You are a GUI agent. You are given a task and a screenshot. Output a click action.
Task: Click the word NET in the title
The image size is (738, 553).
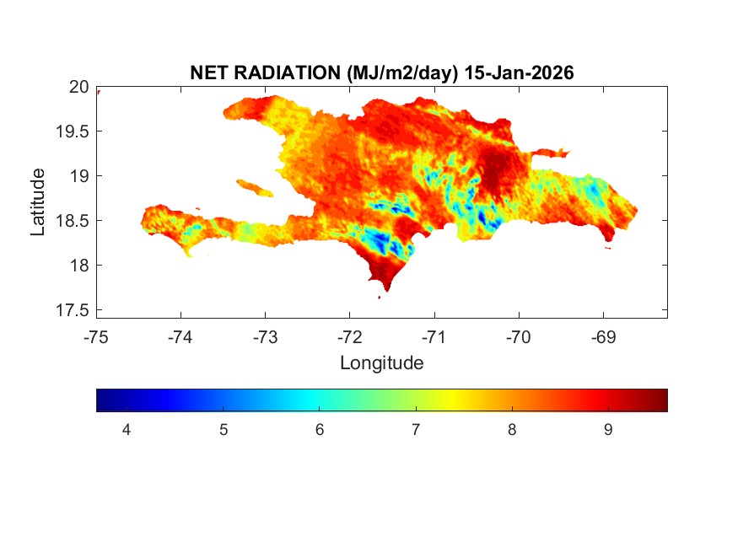tap(210, 73)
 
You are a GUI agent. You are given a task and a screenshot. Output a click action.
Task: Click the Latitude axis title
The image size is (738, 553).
tap(38, 201)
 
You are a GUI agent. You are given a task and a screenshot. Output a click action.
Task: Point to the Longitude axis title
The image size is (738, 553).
tap(381, 363)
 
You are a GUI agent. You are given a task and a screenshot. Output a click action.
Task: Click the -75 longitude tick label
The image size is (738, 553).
tap(96, 337)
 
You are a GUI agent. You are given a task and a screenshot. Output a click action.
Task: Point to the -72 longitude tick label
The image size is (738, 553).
tap(349, 337)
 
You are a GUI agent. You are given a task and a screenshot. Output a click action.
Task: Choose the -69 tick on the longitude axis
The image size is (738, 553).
tap(602, 337)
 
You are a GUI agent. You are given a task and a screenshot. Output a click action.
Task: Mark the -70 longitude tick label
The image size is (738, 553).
tap(518, 337)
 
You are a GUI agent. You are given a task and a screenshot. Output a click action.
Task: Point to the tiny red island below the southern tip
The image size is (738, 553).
tap(380, 297)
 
